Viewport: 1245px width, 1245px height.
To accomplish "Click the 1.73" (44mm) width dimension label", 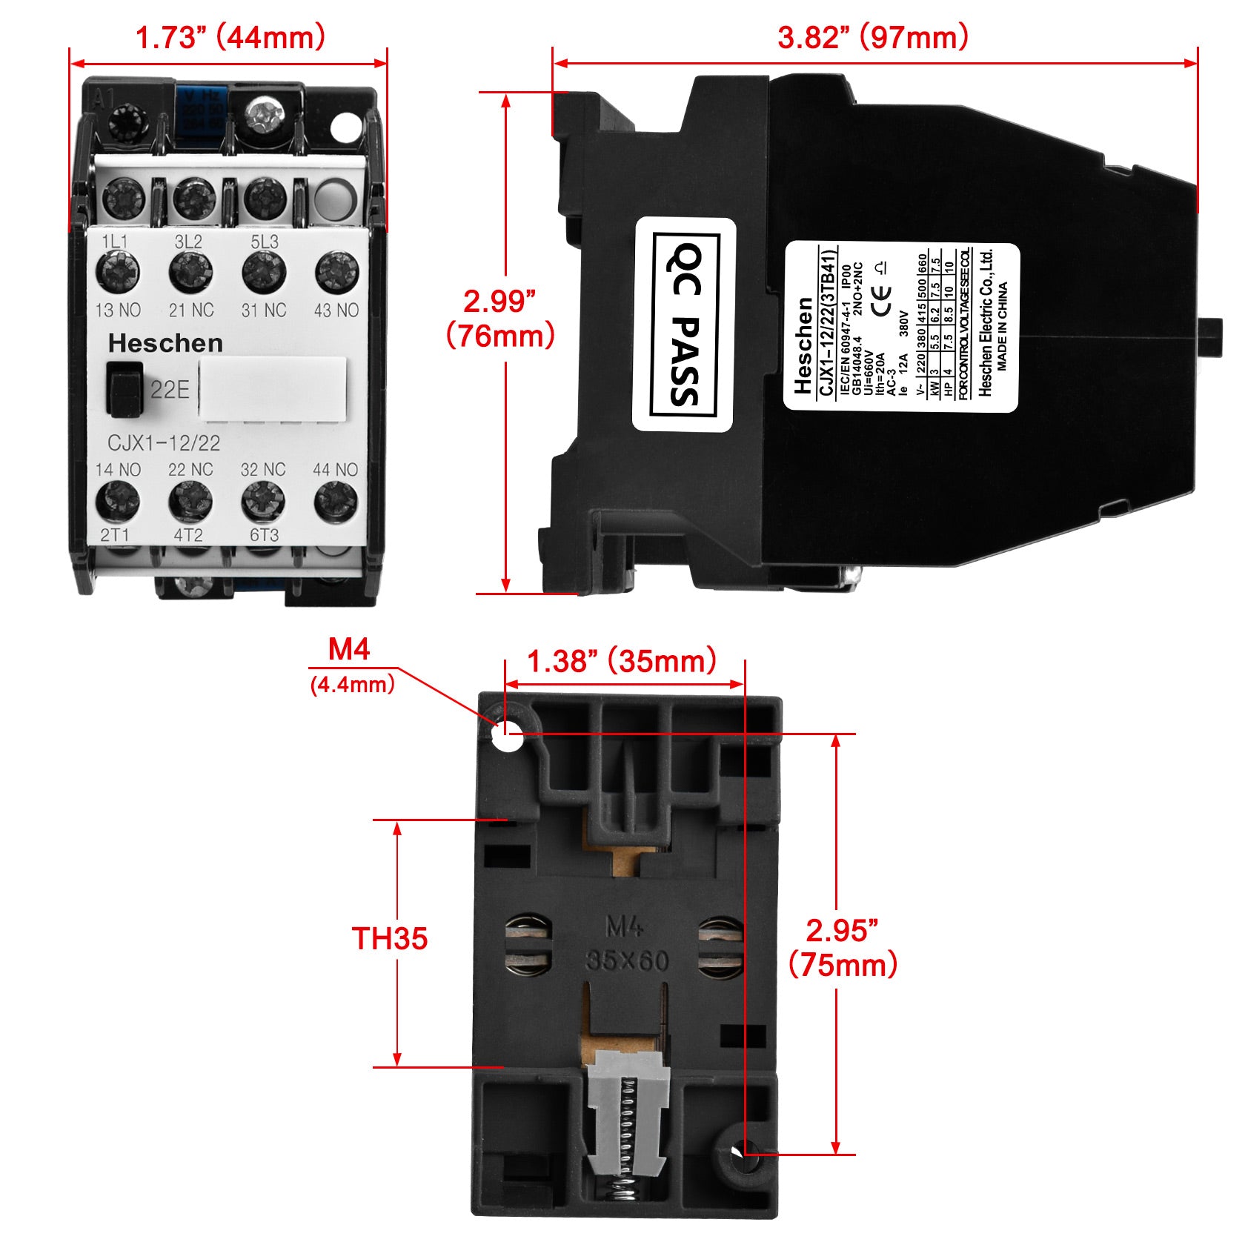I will click(x=230, y=37).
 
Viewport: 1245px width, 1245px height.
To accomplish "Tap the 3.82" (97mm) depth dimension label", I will click(x=873, y=37).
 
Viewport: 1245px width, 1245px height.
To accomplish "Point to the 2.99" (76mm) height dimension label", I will click(x=500, y=319).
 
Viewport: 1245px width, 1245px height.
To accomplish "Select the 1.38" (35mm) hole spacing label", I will click(x=621, y=661).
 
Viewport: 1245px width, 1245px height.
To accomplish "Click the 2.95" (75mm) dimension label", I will click(x=843, y=948).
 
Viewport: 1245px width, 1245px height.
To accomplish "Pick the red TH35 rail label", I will click(x=390, y=938).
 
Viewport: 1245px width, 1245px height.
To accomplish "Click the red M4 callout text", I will click(x=349, y=650).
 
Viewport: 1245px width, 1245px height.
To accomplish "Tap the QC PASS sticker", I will click(x=683, y=325).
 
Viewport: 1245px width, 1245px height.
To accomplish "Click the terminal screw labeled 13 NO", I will click(x=118, y=272).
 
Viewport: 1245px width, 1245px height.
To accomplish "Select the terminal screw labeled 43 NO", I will click(x=337, y=272).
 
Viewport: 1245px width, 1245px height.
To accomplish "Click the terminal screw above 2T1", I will click(x=118, y=502).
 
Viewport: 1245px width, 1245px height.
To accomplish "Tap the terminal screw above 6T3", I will click(x=263, y=502).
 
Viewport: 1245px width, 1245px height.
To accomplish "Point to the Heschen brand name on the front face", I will click(x=165, y=343).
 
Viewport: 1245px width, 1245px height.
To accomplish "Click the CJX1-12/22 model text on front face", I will click(x=164, y=443).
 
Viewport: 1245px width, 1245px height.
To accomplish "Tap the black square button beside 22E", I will click(x=124, y=388).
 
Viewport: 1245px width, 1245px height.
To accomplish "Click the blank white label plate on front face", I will click(x=273, y=390).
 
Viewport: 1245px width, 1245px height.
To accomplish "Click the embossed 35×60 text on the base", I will click(x=627, y=961).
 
